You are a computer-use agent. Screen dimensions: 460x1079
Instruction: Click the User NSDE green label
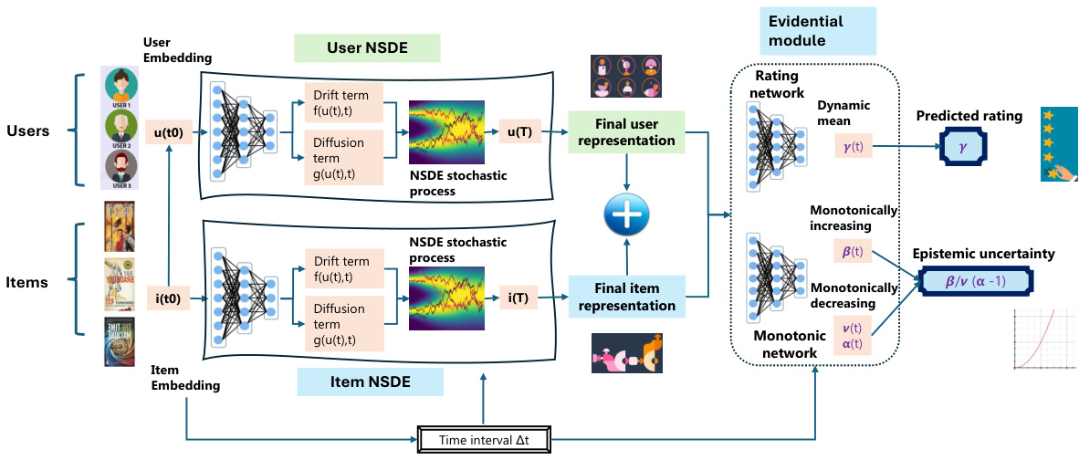pos(367,47)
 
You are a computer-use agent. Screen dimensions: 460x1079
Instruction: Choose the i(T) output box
pos(522,296)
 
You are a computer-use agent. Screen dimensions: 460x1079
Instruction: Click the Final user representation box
pos(626,131)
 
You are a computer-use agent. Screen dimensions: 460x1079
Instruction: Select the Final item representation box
pos(626,296)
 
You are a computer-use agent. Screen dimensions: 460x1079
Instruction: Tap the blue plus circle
pos(626,215)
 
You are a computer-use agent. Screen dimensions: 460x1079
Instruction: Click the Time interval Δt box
pos(484,440)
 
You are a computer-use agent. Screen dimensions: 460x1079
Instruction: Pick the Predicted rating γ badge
pos(971,147)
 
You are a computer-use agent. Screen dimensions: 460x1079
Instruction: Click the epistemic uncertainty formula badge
pos(975,281)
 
